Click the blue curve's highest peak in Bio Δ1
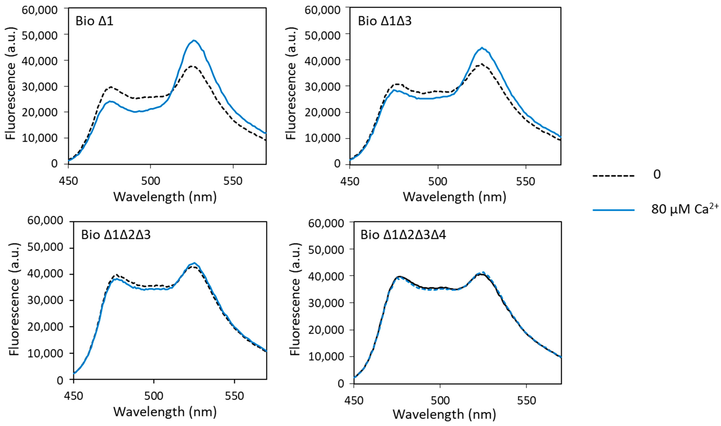[x=194, y=40]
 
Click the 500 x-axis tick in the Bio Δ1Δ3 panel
[x=438, y=181]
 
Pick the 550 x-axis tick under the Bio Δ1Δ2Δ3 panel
[x=234, y=396]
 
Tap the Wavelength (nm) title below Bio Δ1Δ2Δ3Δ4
[x=444, y=414]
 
